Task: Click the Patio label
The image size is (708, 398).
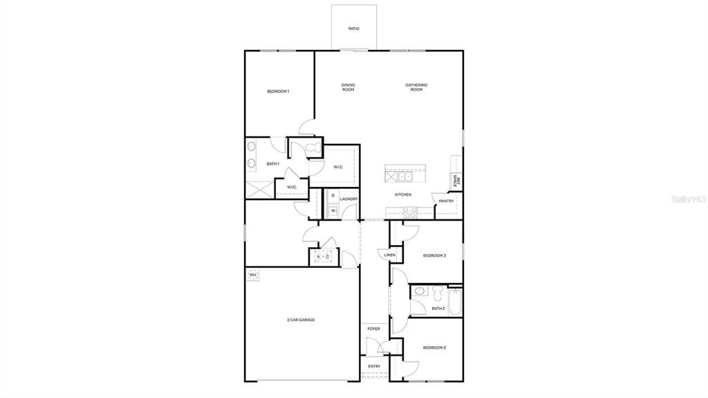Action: coord(353,29)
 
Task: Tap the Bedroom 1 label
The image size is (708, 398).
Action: coord(278,91)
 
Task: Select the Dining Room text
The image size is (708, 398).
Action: coord(348,87)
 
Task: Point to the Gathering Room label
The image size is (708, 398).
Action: coord(416,87)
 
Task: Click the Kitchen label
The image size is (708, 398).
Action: coord(403,195)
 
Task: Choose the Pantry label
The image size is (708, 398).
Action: coord(446,201)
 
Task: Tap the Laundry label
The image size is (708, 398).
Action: coord(348,199)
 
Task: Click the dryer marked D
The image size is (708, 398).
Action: coord(333,197)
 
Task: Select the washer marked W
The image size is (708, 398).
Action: coord(333,210)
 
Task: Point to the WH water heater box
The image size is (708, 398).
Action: coord(252,275)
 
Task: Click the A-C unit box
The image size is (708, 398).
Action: coord(323,257)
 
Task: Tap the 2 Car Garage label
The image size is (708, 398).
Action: coord(301,320)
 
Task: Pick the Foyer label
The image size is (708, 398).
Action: coord(373,329)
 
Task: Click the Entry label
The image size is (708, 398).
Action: coord(374,366)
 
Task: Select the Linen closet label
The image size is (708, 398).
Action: coord(390,255)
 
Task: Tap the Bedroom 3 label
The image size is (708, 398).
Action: coord(434,255)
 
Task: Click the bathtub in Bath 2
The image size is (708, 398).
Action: coord(454,302)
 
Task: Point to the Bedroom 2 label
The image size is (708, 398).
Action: coord(434,347)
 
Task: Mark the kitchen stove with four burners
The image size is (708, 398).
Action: coord(408,213)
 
